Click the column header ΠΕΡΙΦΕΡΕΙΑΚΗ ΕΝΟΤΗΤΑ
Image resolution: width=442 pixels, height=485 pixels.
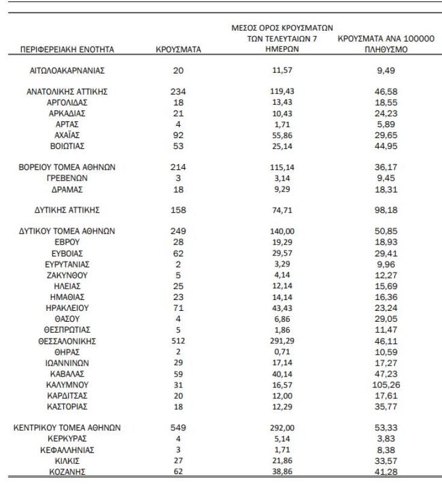click(x=67, y=49)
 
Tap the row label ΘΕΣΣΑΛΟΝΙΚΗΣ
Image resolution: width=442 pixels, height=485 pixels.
click(x=67, y=341)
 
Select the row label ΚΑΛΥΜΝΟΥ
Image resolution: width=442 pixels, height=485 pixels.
click(x=67, y=384)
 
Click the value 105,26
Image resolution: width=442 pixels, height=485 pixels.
click(x=386, y=384)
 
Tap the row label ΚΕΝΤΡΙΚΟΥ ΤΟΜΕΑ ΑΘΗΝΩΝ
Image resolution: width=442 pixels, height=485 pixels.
click(x=67, y=428)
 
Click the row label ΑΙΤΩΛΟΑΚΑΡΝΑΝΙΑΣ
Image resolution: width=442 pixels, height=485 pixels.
click(x=67, y=70)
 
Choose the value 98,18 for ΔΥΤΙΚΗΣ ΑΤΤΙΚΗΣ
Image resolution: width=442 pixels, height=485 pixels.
click(x=386, y=210)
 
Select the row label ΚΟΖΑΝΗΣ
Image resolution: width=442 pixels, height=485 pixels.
click(x=67, y=471)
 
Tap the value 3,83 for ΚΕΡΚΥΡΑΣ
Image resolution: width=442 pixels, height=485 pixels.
click(x=386, y=439)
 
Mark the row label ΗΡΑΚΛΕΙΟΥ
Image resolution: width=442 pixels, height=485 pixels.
click(x=67, y=308)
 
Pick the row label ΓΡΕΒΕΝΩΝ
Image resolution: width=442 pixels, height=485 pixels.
click(x=67, y=178)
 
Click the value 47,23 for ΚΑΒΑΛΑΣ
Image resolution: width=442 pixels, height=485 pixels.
click(x=386, y=374)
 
